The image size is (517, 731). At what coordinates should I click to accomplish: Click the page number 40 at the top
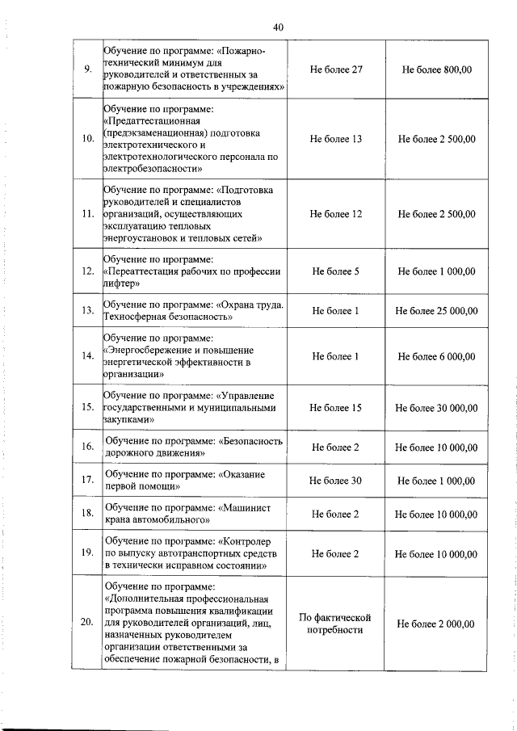coord(278,27)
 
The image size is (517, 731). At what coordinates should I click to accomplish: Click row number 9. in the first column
coord(87,70)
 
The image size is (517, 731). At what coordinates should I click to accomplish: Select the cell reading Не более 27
coord(335,70)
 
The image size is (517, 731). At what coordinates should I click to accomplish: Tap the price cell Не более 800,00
coord(436,70)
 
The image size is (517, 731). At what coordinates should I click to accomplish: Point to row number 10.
coord(88,139)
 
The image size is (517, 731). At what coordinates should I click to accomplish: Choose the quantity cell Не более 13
coord(335,139)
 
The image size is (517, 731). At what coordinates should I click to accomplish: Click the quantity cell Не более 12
coord(335,214)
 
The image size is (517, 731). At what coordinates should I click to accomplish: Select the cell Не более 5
coord(335,271)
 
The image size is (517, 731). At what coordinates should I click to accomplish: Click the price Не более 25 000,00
coord(436,311)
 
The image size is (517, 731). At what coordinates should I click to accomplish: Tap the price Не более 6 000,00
coord(436,356)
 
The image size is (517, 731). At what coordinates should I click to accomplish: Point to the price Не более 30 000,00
coord(436,408)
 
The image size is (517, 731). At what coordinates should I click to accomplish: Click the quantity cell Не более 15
coord(335,408)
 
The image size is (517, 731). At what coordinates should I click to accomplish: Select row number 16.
coord(88,447)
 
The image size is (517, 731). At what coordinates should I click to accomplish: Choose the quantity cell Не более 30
coord(335,481)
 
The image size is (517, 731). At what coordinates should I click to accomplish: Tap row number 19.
coord(88,553)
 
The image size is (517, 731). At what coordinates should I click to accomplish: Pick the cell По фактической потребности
coord(335,624)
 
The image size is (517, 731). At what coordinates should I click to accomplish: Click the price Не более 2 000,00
coord(436,624)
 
